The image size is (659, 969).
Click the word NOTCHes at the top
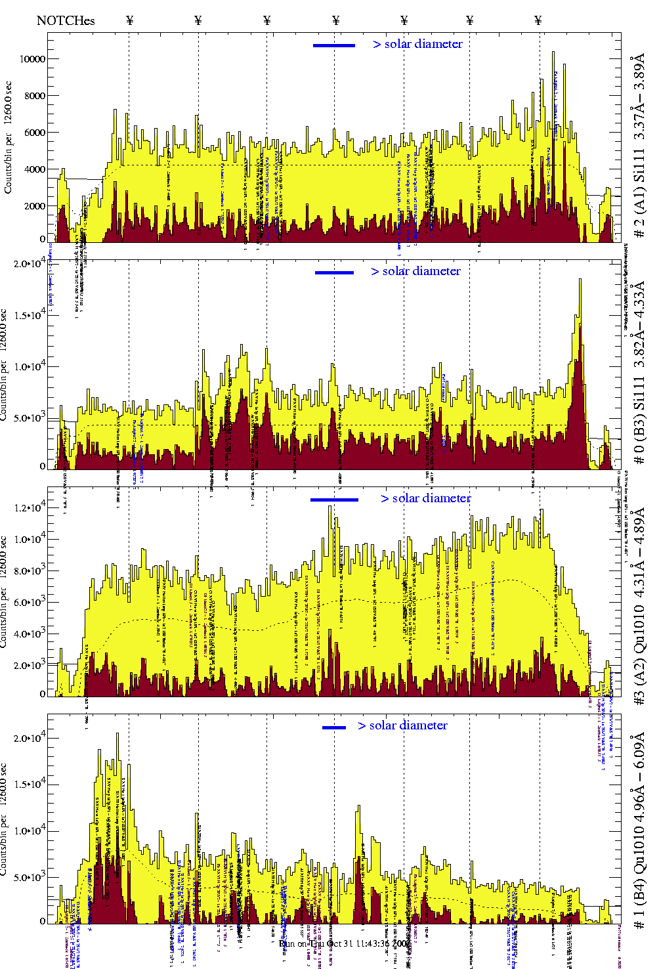pos(66,20)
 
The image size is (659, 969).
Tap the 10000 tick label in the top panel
pos(33,59)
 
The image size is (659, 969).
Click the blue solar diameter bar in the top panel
pos(334,45)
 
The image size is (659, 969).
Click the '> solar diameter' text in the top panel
pos(418,44)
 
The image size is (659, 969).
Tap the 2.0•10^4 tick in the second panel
pos(30,264)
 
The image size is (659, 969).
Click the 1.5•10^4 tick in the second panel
pos(30,315)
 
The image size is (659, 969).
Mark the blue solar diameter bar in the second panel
pos(334,272)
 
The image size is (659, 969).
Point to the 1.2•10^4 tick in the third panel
pos(30,507)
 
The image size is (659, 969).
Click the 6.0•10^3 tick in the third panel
pos(30,603)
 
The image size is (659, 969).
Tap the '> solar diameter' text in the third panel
pos(426,498)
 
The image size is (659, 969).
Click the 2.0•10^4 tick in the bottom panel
pos(30,738)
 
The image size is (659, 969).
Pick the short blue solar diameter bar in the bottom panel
pos(334,727)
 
